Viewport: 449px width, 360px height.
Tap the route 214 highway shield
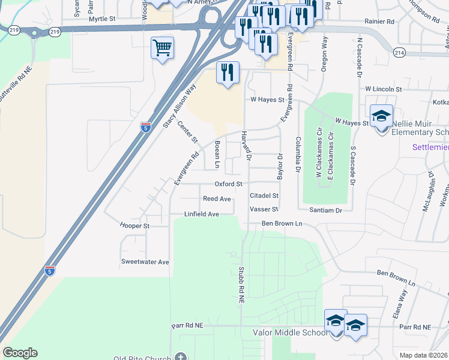pyautogui.click(x=399, y=53)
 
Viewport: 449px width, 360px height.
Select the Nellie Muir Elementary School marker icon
pyautogui.click(x=381, y=116)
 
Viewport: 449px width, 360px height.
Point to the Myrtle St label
pyautogui.click(x=101, y=19)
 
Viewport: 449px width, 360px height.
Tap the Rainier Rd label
pyautogui.click(x=379, y=21)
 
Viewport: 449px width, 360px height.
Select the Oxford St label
pyautogui.click(x=229, y=184)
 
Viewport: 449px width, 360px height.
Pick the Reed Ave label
pyautogui.click(x=217, y=199)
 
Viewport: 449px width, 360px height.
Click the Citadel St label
pyautogui.click(x=265, y=196)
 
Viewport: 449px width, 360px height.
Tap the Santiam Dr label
pyautogui.click(x=326, y=210)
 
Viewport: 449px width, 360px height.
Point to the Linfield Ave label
pyautogui.click(x=201, y=214)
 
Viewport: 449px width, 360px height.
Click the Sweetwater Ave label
pyautogui.click(x=145, y=262)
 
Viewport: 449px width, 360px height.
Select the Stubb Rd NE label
pyautogui.click(x=241, y=287)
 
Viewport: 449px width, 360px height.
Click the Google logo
pyautogui.click(x=20, y=353)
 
